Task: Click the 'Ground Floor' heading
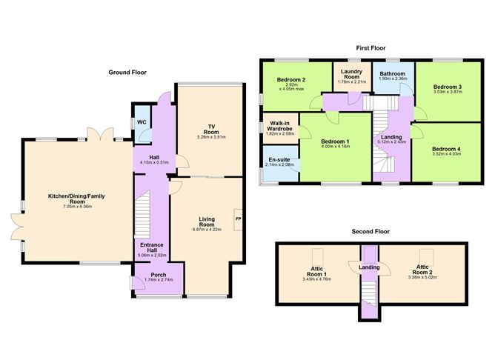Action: coord(128,73)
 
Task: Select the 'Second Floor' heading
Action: coord(371,231)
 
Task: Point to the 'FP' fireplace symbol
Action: coord(238,220)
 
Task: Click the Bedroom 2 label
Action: coord(290,79)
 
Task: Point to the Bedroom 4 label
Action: coord(446,149)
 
